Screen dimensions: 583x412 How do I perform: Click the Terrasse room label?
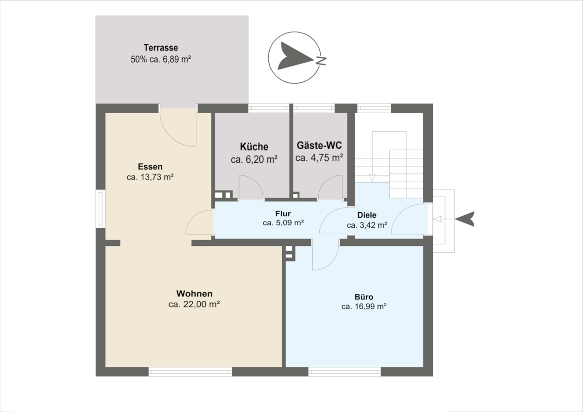[x=161, y=48]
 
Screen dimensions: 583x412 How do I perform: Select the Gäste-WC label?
[x=319, y=145]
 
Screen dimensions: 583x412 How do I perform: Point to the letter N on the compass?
[x=322, y=61]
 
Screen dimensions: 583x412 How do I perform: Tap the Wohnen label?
[x=194, y=293]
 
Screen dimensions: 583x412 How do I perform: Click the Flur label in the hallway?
[x=283, y=214]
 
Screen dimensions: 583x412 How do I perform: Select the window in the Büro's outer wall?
[x=344, y=371]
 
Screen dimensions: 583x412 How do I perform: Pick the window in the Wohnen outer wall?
[x=190, y=371]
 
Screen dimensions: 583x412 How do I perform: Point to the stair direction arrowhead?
[x=372, y=178]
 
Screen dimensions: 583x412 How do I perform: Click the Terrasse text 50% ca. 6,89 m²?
[x=161, y=60]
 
